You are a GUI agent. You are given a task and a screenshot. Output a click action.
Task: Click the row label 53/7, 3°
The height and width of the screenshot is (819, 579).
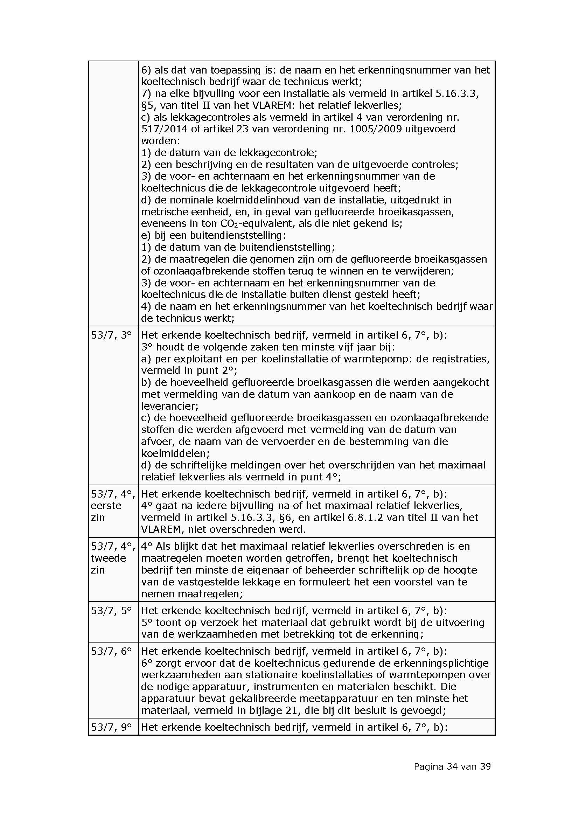(111, 335)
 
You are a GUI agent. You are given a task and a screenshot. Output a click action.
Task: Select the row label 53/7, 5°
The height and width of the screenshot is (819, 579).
(111, 611)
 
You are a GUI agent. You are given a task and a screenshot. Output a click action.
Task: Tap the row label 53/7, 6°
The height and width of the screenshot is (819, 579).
(111, 651)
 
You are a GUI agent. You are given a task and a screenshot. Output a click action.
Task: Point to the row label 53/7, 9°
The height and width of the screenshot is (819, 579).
(111, 727)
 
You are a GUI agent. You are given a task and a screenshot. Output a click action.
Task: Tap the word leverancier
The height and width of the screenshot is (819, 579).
(170, 406)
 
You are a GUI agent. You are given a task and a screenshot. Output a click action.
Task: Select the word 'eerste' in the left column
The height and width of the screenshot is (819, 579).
(106, 506)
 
